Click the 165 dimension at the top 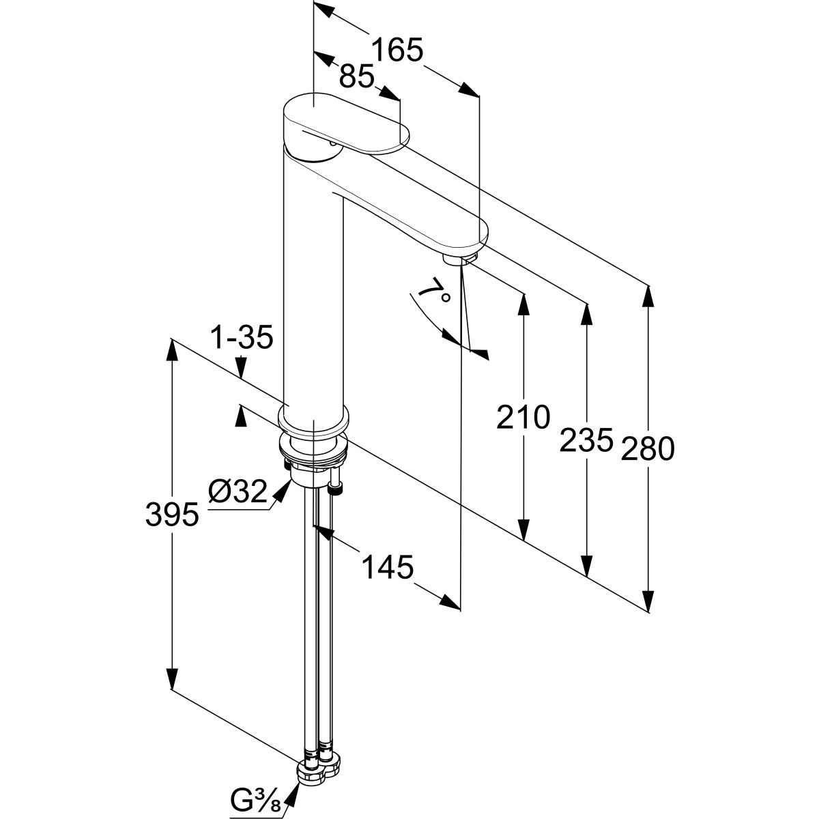pyautogui.click(x=398, y=51)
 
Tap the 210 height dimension pyautogui.click(x=523, y=417)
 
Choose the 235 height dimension pyautogui.click(x=586, y=440)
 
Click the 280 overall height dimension pyautogui.click(x=648, y=448)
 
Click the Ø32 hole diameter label pyautogui.click(x=237, y=491)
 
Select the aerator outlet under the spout pyautogui.click(x=459, y=260)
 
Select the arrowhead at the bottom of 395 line pyautogui.click(x=172, y=678)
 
